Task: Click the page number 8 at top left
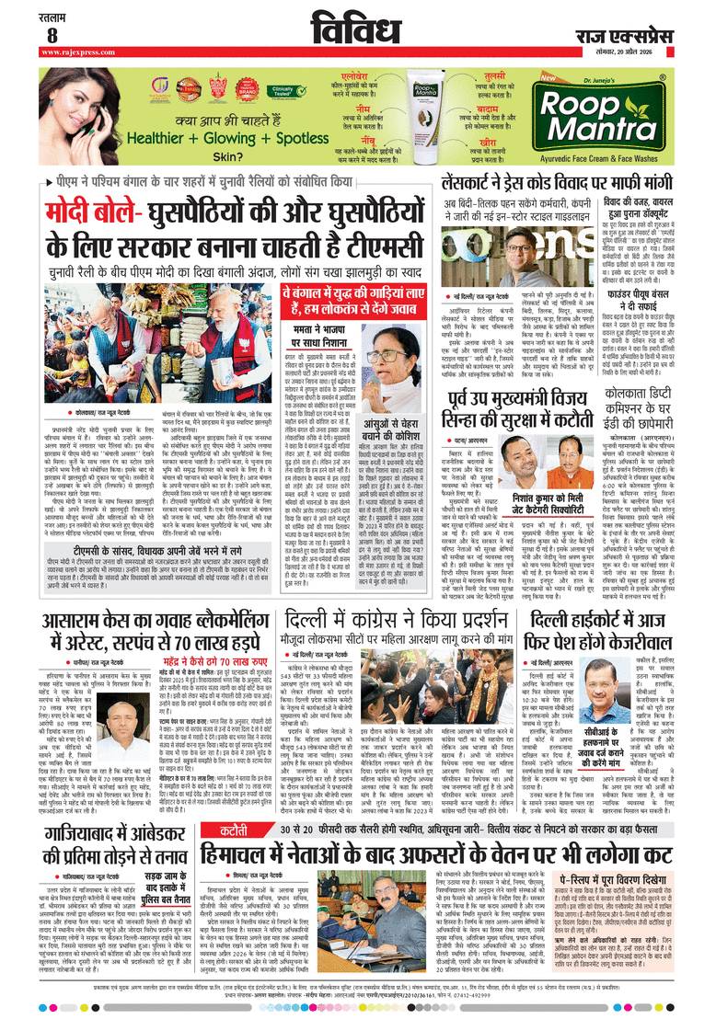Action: point(52,35)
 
